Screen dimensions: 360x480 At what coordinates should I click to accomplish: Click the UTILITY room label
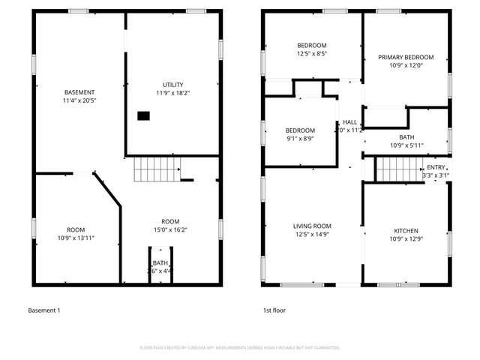[x=172, y=85]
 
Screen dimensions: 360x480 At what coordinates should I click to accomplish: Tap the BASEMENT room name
[x=79, y=92]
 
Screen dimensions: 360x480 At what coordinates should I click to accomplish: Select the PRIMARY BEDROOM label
[x=406, y=57]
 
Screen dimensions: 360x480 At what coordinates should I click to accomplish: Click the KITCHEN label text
[x=406, y=230]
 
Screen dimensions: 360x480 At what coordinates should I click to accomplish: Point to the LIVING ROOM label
[x=312, y=226]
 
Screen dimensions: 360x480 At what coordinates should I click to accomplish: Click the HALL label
[x=350, y=122]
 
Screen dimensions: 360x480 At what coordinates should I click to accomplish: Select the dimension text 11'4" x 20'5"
[x=79, y=100]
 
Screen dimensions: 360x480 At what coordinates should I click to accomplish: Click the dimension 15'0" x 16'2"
[x=170, y=229]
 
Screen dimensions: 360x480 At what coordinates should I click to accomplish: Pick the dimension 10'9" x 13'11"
[x=76, y=238]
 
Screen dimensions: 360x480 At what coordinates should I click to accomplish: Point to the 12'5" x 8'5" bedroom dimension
[x=312, y=53]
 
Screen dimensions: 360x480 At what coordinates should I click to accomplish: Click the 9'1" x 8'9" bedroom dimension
[x=299, y=138]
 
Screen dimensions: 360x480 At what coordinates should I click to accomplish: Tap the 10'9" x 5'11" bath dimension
[x=406, y=145]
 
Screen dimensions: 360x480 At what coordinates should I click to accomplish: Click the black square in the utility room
[x=142, y=115]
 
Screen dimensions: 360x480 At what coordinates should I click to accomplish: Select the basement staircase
[x=157, y=171]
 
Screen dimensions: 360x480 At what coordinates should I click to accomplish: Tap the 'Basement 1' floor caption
[x=43, y=310]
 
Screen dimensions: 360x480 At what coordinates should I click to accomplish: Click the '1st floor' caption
[x=274, y=310]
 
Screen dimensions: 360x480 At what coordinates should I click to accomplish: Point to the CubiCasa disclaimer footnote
[x=240, y=347]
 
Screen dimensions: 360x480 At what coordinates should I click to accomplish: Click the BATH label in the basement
[x=160, y=262]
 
